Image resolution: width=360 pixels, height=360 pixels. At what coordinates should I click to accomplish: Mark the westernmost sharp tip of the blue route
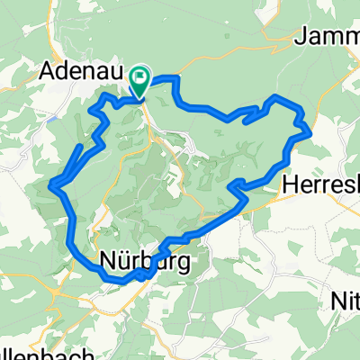[x=53, y=186]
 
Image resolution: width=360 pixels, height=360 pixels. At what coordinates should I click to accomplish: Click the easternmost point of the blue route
[x=311, y=131]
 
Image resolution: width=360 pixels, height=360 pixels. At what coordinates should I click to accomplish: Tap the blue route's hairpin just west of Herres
[x=232, y=186]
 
